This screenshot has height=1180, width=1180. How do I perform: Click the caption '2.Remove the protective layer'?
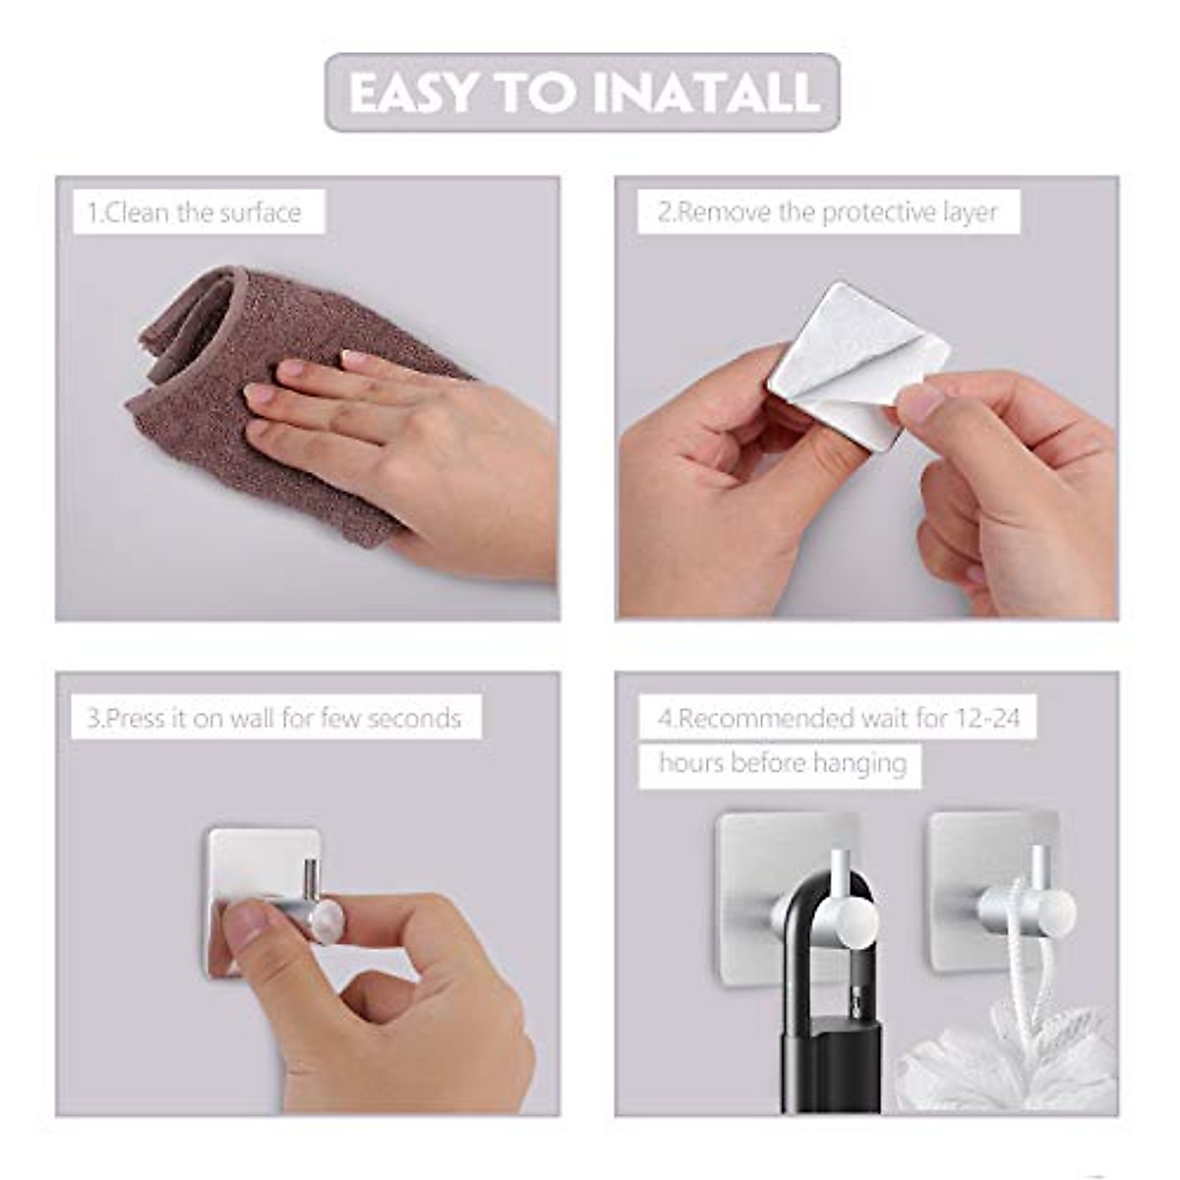pyautogui.click(x=827, y=212)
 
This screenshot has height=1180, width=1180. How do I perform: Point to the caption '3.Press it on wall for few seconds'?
pyautogui.click(x=273, y=718)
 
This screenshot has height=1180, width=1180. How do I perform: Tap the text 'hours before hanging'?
pyautogui.click(x=782, y=763)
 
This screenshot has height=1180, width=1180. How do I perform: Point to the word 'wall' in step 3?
pyautogui.click(x=252, y=718)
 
